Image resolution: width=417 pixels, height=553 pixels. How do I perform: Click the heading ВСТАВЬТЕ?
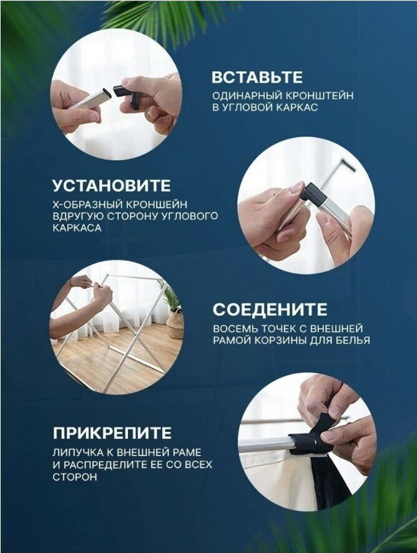coord(257,77)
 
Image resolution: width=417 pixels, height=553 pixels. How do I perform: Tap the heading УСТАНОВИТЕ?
coord(112,186)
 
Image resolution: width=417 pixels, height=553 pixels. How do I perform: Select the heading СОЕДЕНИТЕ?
coord(270,309)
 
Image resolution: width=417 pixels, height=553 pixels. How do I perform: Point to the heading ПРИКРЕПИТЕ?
coord(112,433)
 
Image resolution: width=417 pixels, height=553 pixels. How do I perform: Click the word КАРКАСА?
coord(77,228)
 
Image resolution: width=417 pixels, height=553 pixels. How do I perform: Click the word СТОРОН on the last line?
coord(75,477)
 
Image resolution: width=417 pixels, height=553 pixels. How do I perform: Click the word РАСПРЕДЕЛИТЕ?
coord(101,464)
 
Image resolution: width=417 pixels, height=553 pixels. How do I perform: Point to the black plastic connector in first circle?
coord(128,94)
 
